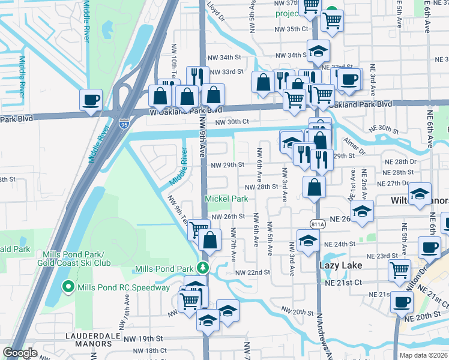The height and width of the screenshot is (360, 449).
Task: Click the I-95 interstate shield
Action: pyautogui.click(x=124, y=124)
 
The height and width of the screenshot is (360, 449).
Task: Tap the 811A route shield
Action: pyautogui.click(x=318, y=224)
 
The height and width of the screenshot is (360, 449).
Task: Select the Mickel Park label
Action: pyautogui.click(x=226, y=199)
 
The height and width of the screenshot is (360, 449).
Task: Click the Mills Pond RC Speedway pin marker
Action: pyautogui.click(x=68, y=287)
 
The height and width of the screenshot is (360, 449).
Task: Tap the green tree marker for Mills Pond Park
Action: pyautogui.click(x=204, y=268)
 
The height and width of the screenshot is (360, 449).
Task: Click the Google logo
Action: pyautogui.click(x=20, y=353)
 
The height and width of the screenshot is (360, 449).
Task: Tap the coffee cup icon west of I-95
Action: pyautogui.click(x=91, y=99)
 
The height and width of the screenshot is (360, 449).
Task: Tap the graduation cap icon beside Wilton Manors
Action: pyautogui.click(x=420, y=193)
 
